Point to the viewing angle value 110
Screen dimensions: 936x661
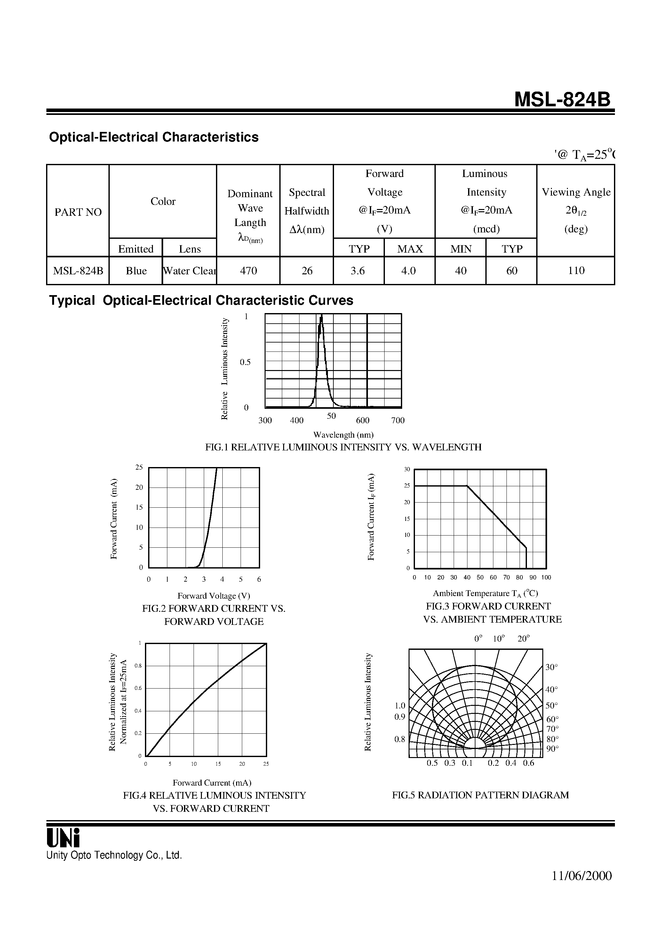coord(576,270)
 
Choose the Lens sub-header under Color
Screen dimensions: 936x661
coord(189,249)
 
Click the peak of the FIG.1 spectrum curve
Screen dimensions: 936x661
coord(322,317)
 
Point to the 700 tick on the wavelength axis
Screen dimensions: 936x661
coord(398,420)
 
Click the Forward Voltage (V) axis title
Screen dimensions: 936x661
coord(213,596)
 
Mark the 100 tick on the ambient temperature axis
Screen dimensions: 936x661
coord(546,577)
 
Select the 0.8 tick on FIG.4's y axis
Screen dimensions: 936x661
coord(138,666)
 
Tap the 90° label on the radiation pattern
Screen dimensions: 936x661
coord(552,748)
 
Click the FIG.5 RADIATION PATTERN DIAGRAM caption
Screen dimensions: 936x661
coord(480,795)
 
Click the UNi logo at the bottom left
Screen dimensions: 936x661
coord(63,838)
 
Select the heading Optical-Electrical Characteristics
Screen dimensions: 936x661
coord(154,137)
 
